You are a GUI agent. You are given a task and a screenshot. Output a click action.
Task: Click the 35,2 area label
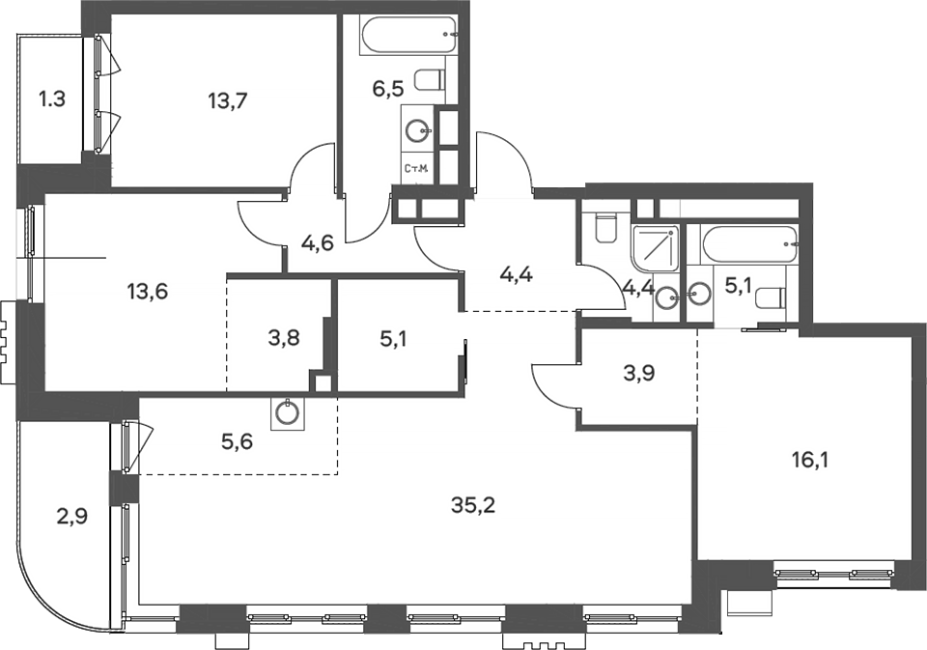472,504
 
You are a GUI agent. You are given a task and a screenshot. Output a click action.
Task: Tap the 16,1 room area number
809,459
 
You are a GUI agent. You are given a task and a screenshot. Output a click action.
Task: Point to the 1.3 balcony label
52,98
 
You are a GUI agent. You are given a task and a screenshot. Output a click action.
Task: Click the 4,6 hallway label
317,242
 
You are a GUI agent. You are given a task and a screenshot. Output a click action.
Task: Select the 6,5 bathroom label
389,90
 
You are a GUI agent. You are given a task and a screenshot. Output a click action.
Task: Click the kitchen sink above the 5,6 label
287,413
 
